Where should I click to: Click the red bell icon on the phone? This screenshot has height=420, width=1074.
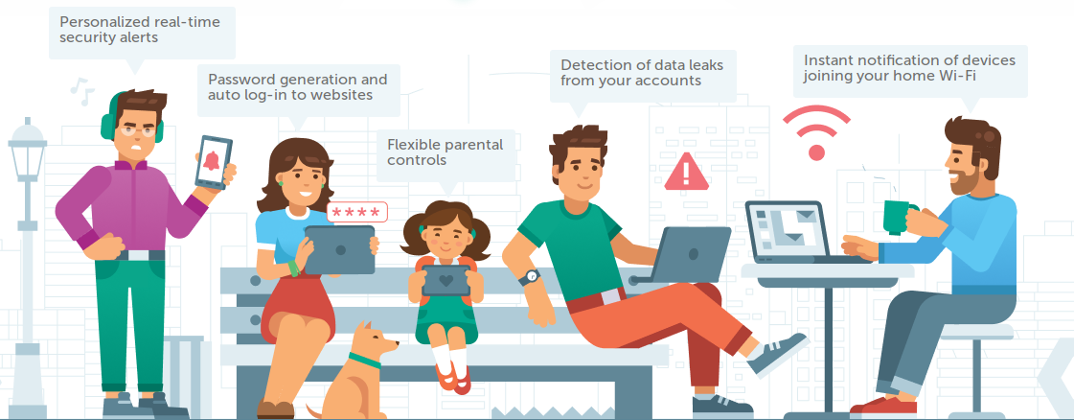point(211,160)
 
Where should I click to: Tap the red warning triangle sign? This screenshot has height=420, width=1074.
point(686,172)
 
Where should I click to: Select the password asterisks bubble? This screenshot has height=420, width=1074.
point(356,213)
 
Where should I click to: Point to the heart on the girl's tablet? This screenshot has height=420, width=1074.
point(446,280)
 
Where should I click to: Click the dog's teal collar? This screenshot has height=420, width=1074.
point(364,361)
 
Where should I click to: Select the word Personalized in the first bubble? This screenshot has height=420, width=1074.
point(103,22)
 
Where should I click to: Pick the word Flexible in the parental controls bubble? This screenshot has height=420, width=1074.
point(413,145)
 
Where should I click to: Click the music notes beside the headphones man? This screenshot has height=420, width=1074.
point(82,91)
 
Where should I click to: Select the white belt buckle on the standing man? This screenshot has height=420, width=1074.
point(138,255)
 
